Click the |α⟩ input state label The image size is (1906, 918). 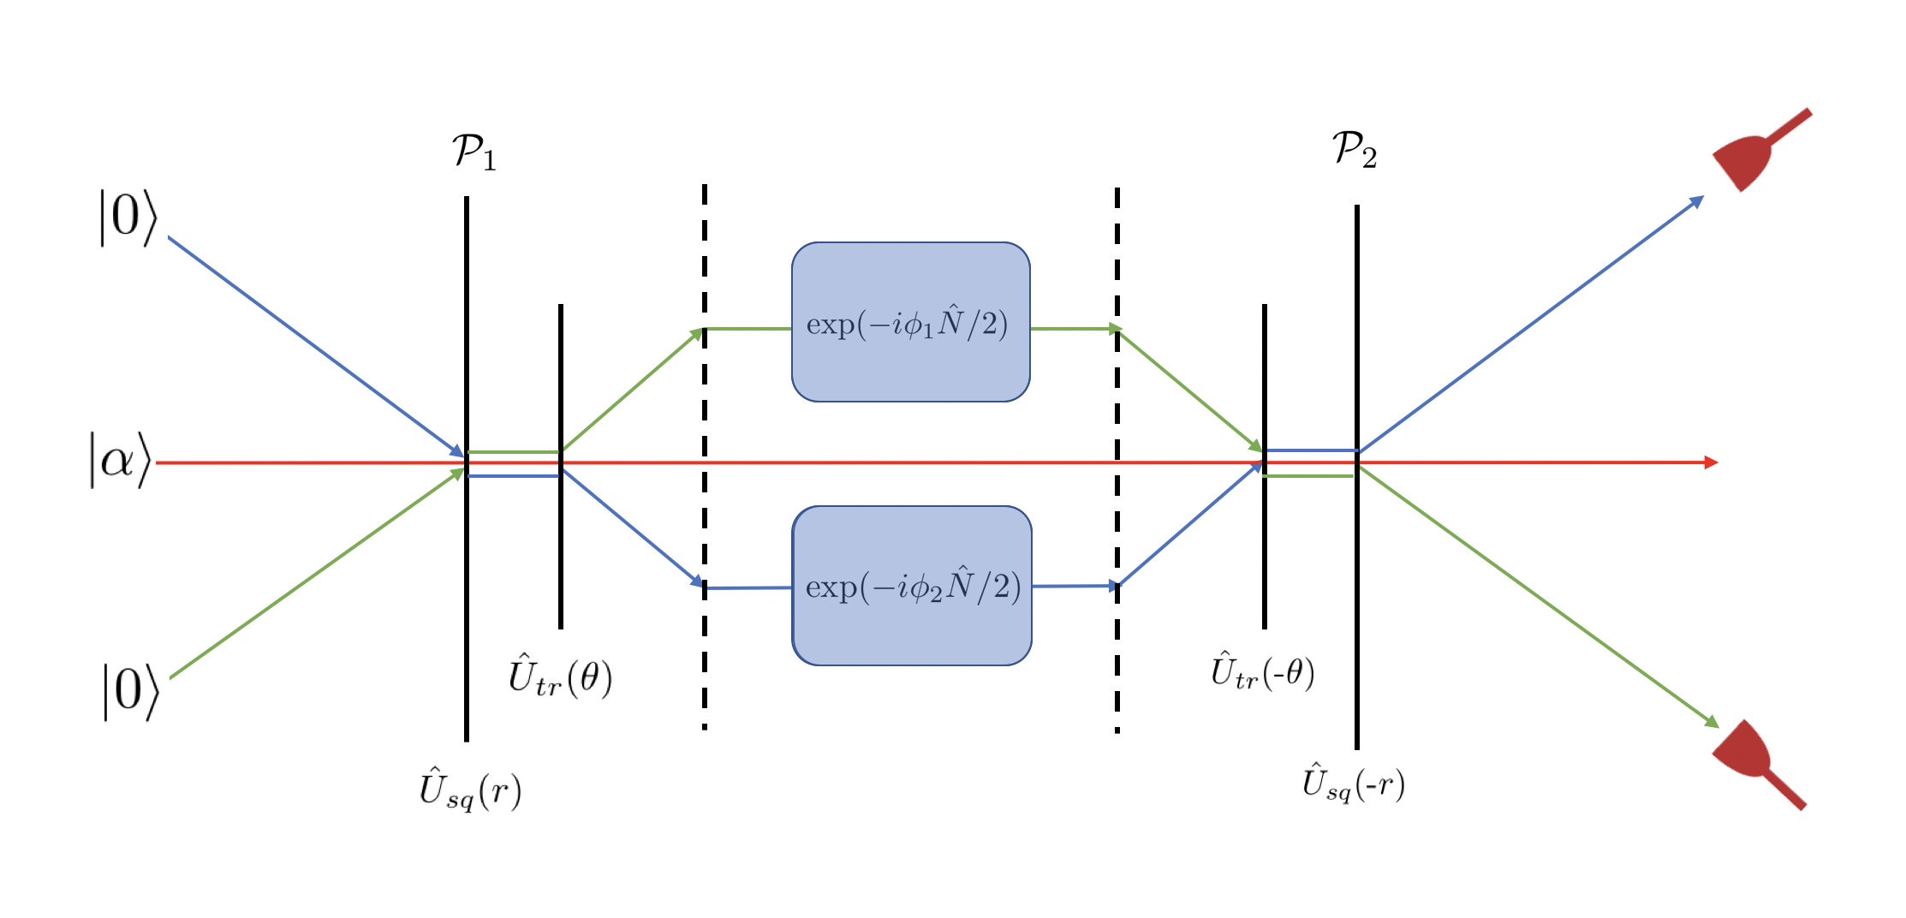click(x=120, y=460)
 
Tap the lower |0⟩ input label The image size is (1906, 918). click(x=131, y=691)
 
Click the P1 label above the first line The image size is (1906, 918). click(x=474, y=152)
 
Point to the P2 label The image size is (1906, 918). click(x=1355, y=150)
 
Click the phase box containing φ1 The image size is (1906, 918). click(x=910, y=322)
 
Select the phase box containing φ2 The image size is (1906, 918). click(x=912, y=586)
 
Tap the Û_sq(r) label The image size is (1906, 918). click(x=470, y=789)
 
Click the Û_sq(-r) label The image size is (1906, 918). click(x=1353, y=784)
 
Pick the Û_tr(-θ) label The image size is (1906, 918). click(x=1262, y=672)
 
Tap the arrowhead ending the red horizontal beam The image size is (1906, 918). click(x=1710, y=462)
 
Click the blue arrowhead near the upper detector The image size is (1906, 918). click(x=1696, y=201)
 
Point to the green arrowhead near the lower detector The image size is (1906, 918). click(x=1711, y=722)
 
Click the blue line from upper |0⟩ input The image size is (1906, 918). click(x=317, y=344)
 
